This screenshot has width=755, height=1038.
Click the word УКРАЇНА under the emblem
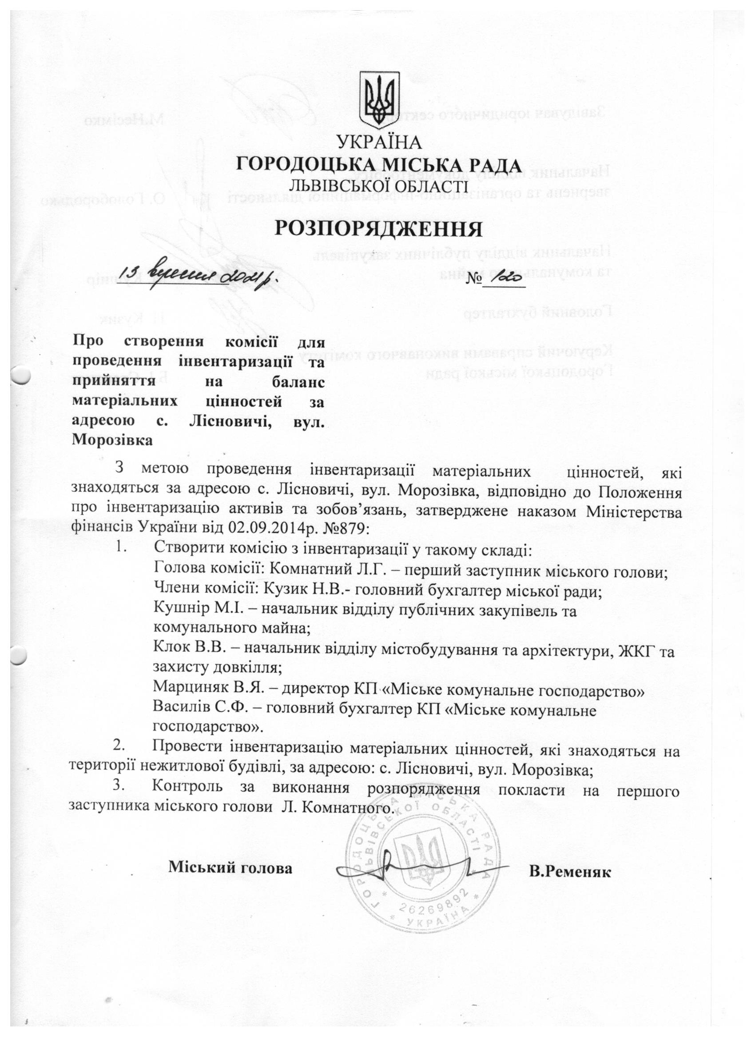click(x=378, y=143)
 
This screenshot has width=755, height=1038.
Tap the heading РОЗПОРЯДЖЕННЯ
click(x=378, y=229)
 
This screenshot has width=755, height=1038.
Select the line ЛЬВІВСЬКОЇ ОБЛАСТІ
click(x=378, y=186)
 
